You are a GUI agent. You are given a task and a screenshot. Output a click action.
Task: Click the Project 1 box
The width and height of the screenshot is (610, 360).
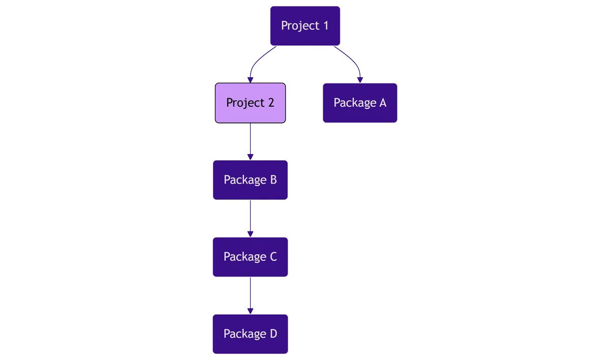click(x=305, y=26)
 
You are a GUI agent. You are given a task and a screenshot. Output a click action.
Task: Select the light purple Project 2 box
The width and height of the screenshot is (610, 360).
click(x=250, y=103)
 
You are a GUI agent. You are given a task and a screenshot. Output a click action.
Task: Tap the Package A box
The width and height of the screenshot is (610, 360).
click(x=360, y=103)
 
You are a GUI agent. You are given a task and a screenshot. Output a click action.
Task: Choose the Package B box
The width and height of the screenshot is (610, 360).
click(x=250, y=180)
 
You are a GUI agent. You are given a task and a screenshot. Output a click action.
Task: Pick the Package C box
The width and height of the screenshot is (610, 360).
click(x=250, y=257)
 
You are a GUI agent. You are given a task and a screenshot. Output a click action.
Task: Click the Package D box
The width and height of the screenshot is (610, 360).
click(x=250, y=334)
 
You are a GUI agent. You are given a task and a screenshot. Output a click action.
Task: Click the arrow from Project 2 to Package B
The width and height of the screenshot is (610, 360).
click(x=250, y=141)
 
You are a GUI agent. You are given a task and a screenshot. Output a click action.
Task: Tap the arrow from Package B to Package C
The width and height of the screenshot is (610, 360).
click(x=250, y=219)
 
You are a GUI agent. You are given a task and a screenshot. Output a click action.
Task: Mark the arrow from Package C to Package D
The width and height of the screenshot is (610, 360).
click(x=250, y=296)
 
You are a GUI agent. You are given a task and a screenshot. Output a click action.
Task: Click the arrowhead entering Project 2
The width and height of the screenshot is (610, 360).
click(x=250, y=80)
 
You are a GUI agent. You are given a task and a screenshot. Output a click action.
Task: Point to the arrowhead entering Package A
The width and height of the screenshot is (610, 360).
click(x=360, y=80)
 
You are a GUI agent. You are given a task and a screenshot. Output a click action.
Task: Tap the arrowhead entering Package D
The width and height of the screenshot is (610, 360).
click(x=250, y=311)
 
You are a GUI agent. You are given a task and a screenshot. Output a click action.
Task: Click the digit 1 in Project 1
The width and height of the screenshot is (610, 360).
click(x=326, y=25)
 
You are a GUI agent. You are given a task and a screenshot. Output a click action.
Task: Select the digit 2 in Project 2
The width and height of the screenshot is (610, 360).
click(x=271, y=103)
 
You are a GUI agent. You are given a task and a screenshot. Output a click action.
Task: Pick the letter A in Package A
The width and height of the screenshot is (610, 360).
click(x=383, y=103)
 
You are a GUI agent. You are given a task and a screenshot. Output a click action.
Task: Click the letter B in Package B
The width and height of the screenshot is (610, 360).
click(x=273, y=179)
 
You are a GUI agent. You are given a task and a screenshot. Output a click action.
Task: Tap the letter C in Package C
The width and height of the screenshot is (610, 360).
click(x=273, y=257)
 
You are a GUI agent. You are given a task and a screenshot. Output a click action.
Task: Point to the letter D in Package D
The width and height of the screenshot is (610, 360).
click(x=273, y=334)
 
